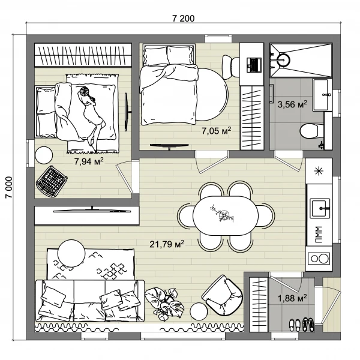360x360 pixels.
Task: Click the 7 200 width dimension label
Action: pos(183,19)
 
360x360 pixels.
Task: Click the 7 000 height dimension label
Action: pos(9,187)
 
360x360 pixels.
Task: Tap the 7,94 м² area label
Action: pos(89,161)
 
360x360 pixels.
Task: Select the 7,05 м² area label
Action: pos(216,131)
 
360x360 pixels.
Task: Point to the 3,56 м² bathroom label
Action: pos(292,104)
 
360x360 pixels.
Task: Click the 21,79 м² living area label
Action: pos(167,244)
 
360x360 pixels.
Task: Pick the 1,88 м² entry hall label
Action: pos(292,298)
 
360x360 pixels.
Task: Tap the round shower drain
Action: pos(284,60)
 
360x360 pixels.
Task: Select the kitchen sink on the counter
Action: pos(320,208)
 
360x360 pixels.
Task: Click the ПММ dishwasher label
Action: pos(318,235)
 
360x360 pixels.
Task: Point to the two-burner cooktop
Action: pos(319,259)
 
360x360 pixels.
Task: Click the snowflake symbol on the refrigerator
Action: pos(319,171)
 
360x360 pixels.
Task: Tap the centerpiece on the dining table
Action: pos(222,214)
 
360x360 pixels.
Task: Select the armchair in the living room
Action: pos(222,295)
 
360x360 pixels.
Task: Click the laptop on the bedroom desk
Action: pos(254,65)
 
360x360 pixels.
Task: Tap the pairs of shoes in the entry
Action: pos(301,325)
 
